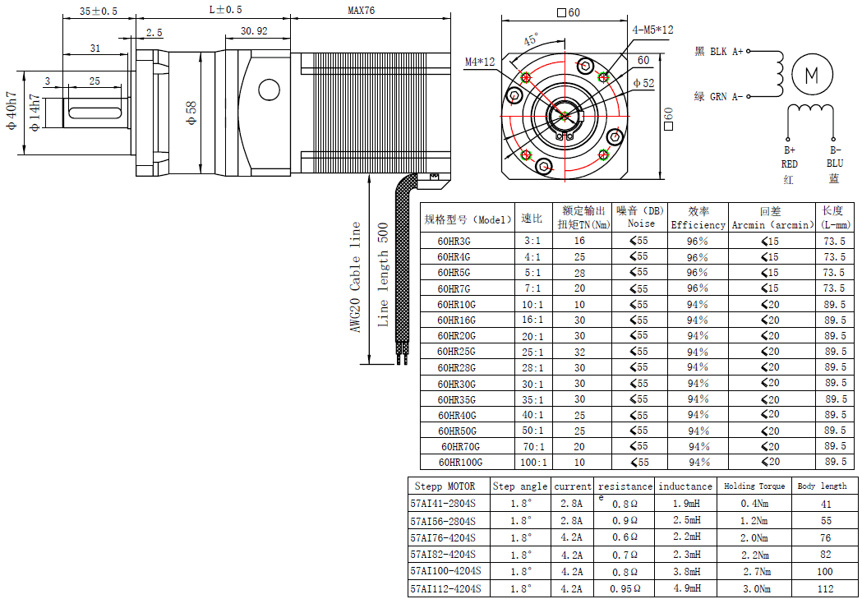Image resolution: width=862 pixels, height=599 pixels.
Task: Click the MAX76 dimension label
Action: tap(362, 11)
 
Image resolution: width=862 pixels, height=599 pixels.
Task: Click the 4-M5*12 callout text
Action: tap(653, 30)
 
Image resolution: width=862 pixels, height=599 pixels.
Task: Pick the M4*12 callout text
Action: tap(481, 62)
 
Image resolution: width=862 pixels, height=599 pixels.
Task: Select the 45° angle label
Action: tap(531, 39)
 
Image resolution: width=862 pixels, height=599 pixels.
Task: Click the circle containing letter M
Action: tap(811, 75)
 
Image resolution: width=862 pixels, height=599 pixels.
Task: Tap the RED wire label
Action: tap(789, 164)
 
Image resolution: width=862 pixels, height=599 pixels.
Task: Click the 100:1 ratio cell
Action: tap(532, 463)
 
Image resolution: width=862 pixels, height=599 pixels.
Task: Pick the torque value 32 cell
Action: tap(580, 352)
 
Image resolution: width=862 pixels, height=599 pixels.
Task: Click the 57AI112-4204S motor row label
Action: tap(445, 588)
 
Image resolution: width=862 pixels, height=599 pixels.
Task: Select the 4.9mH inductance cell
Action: tap(685, 588)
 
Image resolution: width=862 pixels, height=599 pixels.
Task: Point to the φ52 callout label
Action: tap(643, 83)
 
